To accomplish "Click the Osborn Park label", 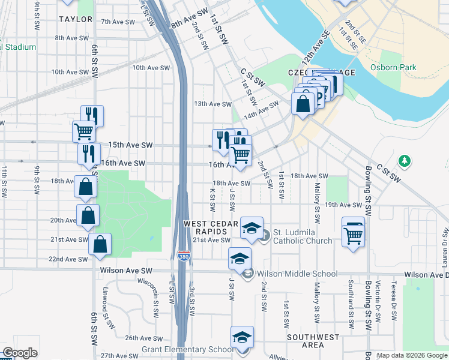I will [393, 68].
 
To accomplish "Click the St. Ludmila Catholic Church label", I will [303, 236].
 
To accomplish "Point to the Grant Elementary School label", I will [187, 350].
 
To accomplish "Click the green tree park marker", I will [405, 160].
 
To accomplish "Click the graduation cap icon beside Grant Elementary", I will [242, 337].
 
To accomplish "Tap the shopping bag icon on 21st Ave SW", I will [100, 244].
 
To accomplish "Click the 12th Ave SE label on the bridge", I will [316, 44].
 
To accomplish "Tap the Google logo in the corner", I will [20, 353].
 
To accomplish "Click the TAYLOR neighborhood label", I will [76, 19].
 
